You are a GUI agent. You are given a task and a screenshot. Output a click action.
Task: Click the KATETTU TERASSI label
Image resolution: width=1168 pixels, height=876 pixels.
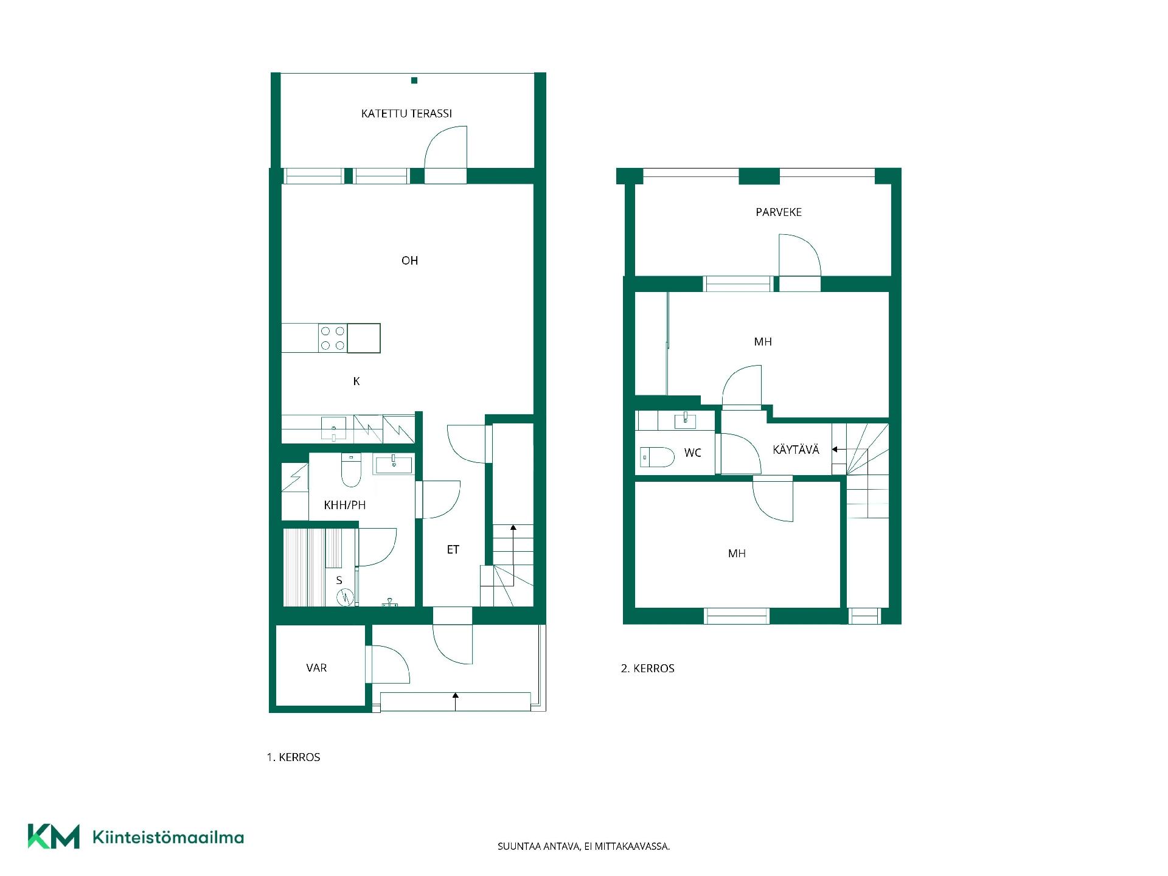(406, 114)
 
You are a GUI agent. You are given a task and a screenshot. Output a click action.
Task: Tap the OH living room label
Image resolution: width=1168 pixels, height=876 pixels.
(409, 260)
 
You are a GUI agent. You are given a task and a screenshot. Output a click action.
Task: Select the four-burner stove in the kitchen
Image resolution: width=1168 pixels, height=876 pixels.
(333, 338)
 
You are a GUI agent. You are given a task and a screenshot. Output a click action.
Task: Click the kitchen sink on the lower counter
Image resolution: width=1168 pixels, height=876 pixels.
(333, 428)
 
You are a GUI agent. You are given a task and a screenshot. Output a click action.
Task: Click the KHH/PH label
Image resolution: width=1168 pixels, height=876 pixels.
(345, 505)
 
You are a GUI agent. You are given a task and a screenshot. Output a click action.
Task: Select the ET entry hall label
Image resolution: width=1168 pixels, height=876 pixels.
(453, 550)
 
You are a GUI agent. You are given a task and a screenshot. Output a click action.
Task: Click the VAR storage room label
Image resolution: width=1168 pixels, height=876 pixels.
(316, 668)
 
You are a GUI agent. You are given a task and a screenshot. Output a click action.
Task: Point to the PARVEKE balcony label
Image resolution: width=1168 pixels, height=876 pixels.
(779, 212)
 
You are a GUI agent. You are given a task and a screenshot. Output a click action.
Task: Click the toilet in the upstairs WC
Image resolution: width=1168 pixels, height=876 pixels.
(657, 457)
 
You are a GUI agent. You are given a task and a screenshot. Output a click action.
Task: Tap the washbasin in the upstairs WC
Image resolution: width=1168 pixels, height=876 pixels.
(686, 420)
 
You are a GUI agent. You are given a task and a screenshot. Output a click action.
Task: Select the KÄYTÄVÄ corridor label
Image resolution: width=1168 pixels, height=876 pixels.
(796, 450)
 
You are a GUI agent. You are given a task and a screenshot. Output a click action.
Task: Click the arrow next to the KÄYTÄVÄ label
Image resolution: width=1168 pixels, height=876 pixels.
(839, 450)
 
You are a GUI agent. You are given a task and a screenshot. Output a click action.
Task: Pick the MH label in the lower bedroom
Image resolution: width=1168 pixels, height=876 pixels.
(737, 554)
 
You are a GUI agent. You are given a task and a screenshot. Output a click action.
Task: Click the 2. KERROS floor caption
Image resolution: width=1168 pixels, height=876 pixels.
(647, 669)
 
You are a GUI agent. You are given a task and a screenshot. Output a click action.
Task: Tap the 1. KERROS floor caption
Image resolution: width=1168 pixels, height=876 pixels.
(293, 757)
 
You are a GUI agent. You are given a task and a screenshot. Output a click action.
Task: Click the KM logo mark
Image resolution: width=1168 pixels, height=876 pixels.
(54, 836)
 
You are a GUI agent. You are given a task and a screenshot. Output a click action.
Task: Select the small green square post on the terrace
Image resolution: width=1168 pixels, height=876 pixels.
(414, 80)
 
